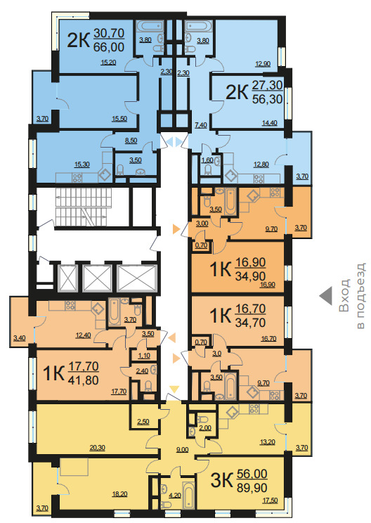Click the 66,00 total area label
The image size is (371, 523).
coord(109,47)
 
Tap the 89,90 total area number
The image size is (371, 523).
coord(252,488)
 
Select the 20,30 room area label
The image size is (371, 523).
coord(98,448)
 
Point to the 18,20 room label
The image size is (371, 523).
coord(119,494)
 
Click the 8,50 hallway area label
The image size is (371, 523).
coord(131,141)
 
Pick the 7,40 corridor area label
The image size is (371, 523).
coord(201,125)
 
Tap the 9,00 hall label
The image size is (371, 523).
coord(182,450)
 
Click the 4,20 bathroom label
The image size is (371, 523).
coord(175,496)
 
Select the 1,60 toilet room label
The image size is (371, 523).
coord(207,160)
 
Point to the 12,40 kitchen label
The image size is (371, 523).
coord(83,335)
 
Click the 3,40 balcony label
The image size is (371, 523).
coord(20,338)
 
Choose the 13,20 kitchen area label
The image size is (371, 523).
coord(267,442)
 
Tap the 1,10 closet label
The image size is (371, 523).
coord(144,356)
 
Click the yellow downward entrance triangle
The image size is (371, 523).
coord(174,389)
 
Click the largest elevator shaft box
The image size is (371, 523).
coord(137,278)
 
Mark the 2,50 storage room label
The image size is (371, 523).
coord(143,421)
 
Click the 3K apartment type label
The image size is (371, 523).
coord(221,481)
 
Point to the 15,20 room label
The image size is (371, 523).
coord(108,62)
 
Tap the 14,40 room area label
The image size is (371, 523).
coord(269,123)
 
